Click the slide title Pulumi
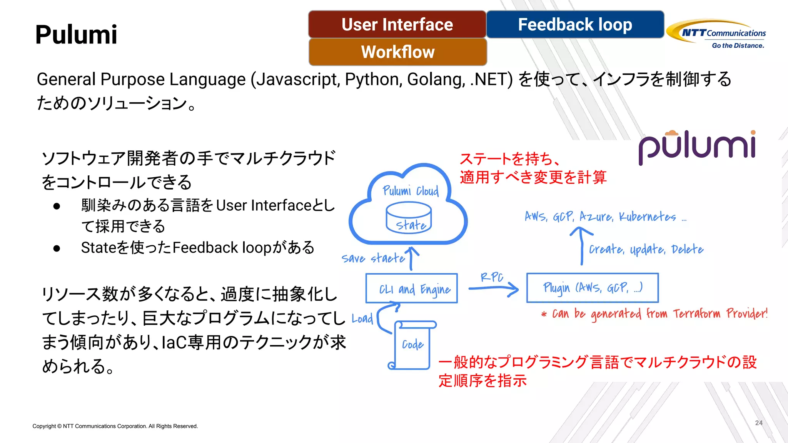(76, 35)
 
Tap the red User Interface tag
(397, 25)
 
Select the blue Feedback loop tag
(575, 25)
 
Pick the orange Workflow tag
(397, 52)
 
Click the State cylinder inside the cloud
(409, 218)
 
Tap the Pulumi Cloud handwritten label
(411, 191)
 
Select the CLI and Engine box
(411, 288)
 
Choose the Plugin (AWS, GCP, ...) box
(592, 288)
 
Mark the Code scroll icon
(413, 345)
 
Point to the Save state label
(373, 258)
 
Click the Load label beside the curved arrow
(362, 318)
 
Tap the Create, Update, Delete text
(646, 250)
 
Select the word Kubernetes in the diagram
(647, 217)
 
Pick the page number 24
(758, 423)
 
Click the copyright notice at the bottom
(115, 426)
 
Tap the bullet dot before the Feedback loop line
(57, 248)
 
